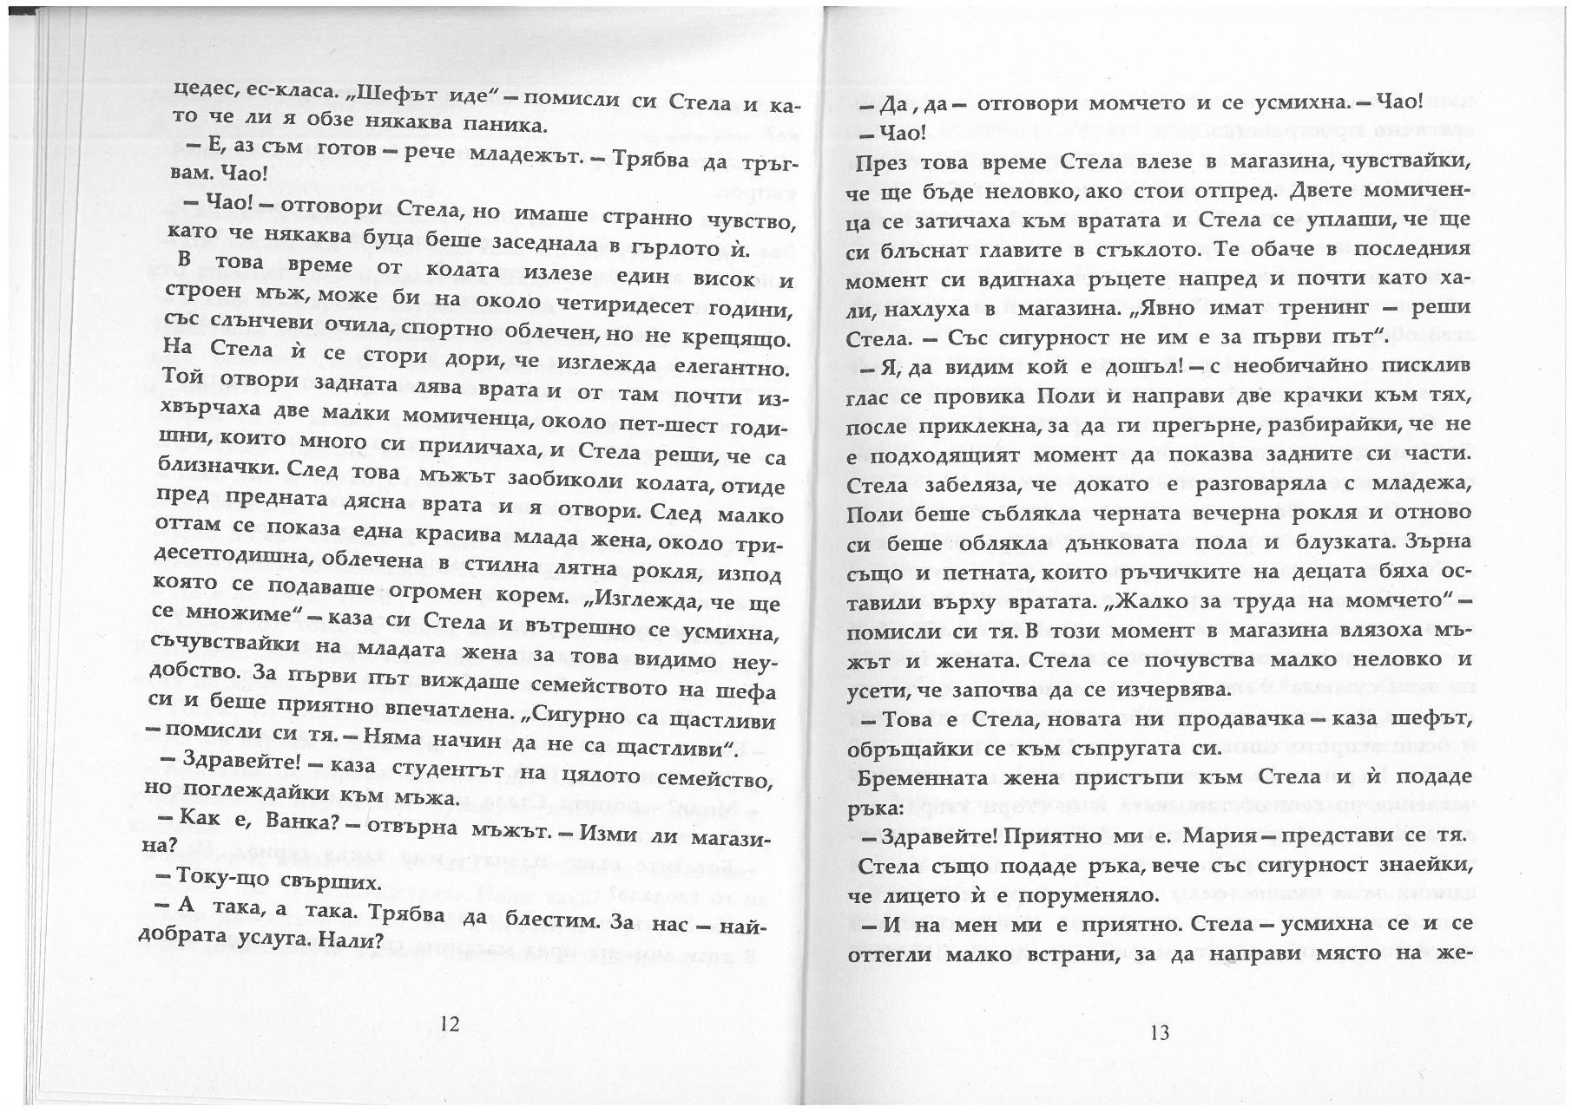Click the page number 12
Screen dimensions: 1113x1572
click(449, 1024)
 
